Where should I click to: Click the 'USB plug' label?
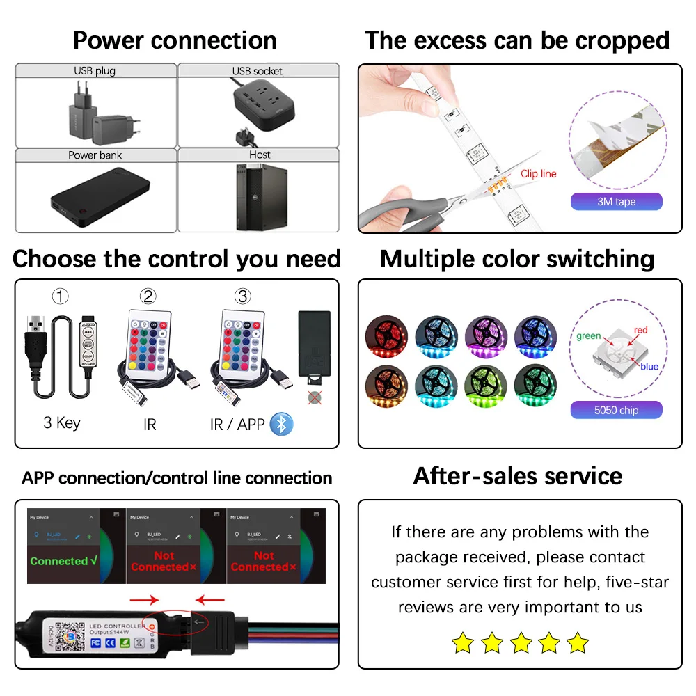point(95,71)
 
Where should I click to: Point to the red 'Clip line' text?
point(538,174)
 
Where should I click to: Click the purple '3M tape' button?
point(616,202)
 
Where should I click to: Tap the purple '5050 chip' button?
point(616,410)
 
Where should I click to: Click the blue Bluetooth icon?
point(281,424)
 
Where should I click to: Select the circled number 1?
point(61,296)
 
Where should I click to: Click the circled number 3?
point(242,296)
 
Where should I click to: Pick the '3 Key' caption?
point(62,423)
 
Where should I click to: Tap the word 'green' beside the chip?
point(589,336)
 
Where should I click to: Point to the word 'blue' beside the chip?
point(649,367)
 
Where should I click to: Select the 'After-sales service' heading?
point(518,477)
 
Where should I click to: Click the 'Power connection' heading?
point(175,40)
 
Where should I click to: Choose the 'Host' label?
point(259,155)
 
